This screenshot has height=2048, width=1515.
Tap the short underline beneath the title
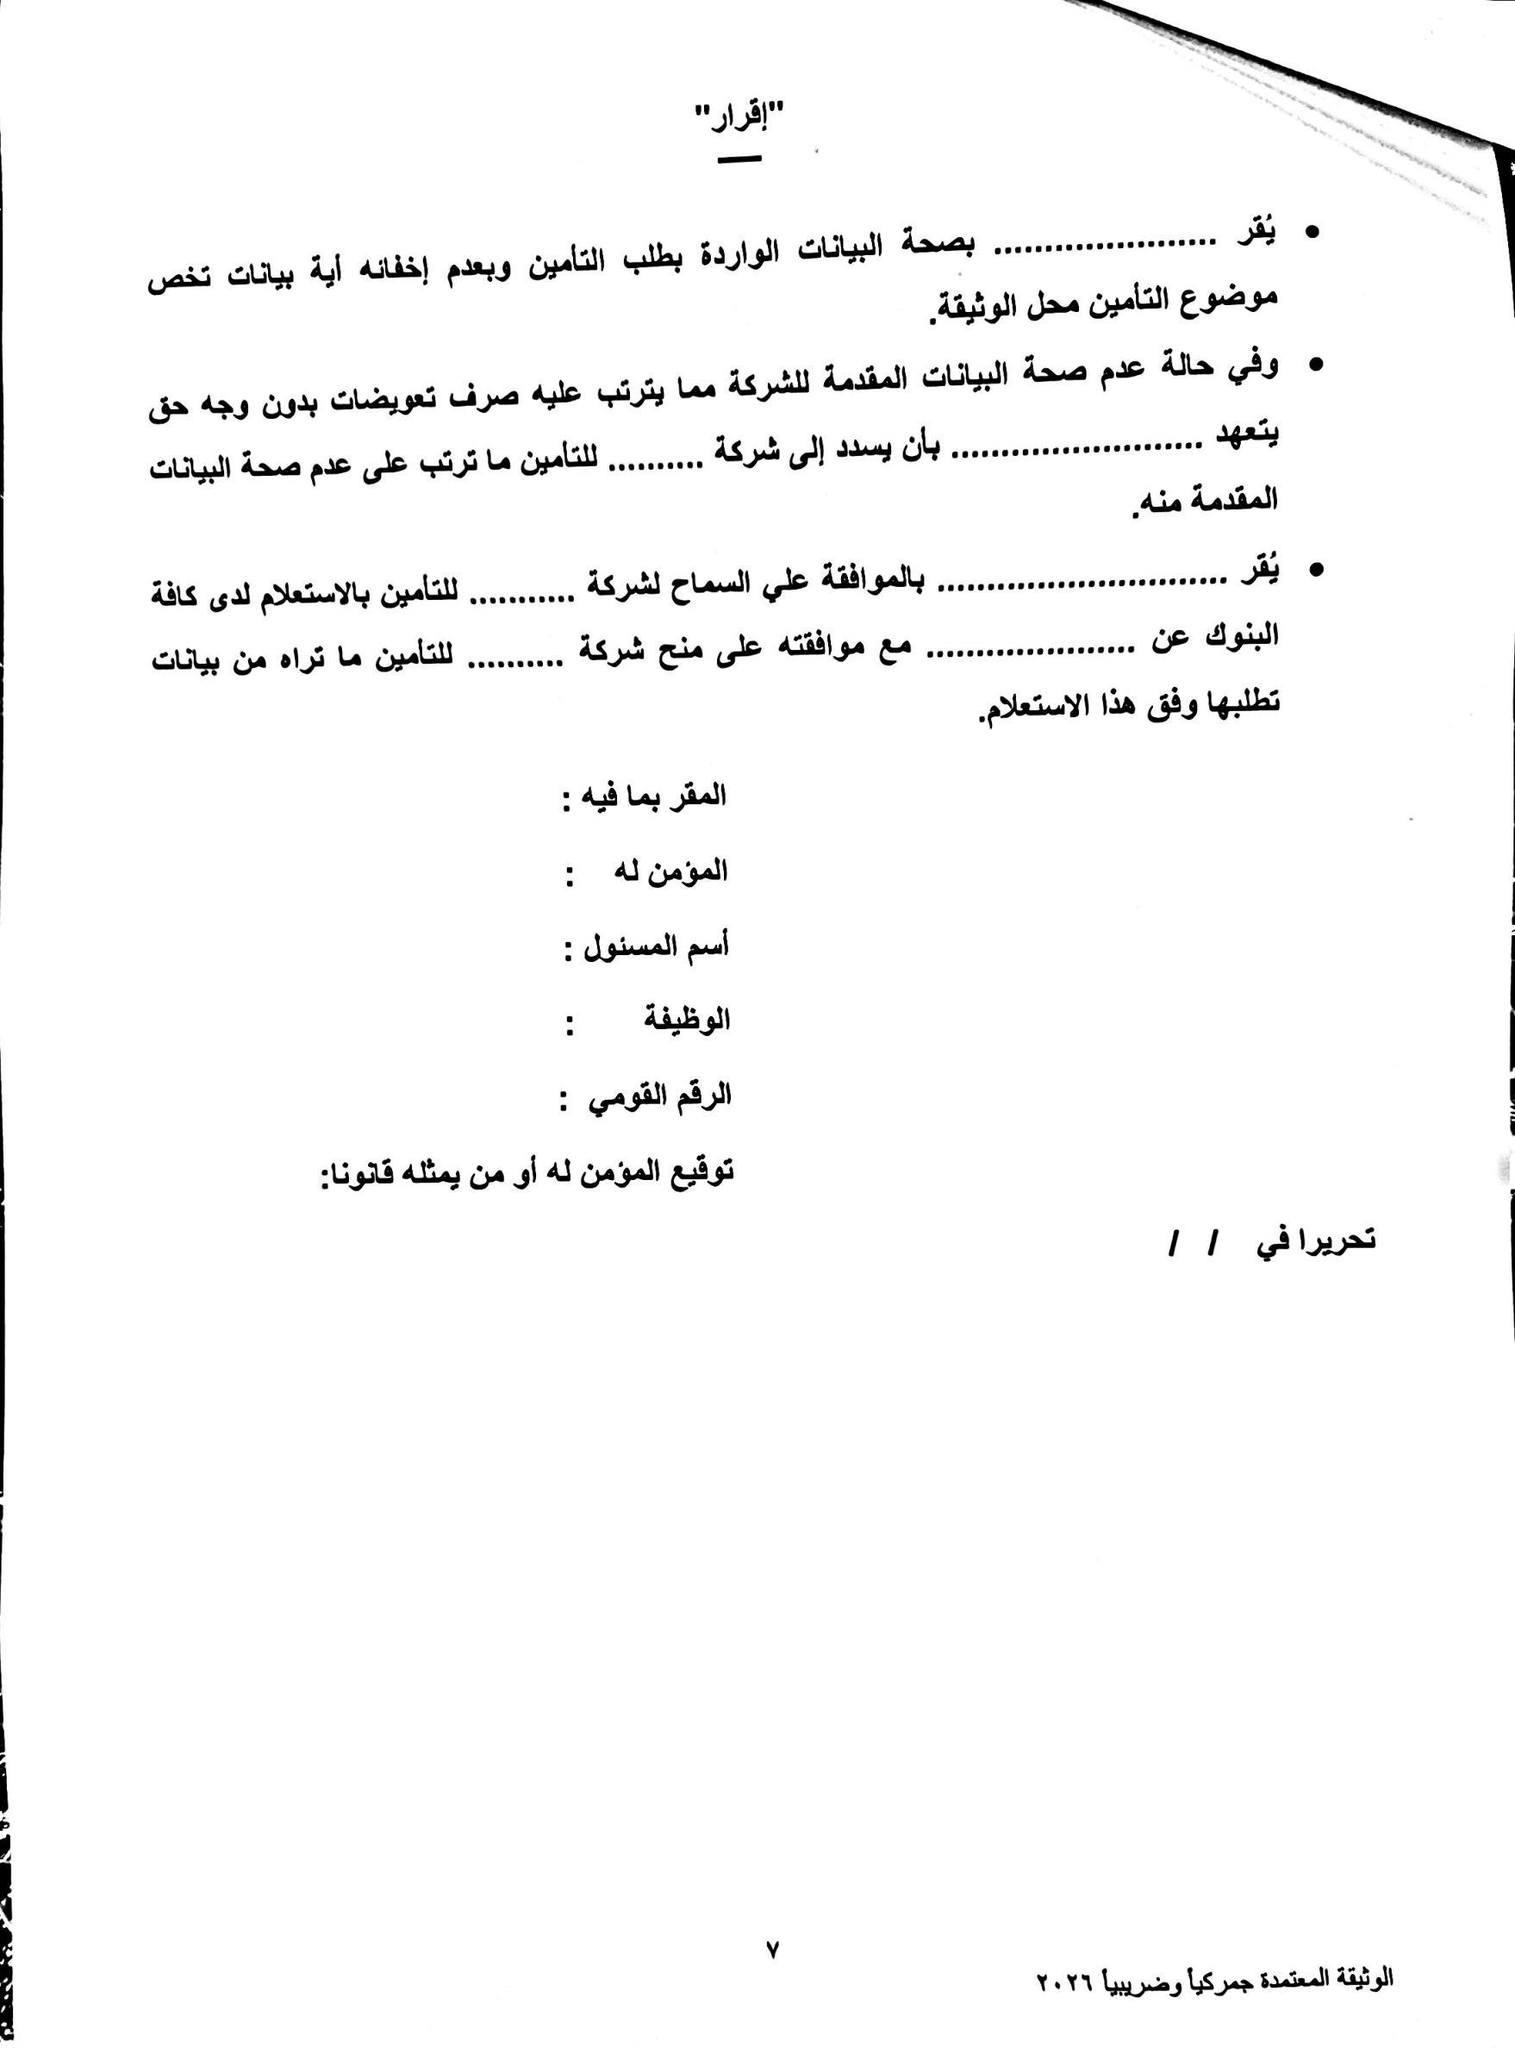click(739, 159)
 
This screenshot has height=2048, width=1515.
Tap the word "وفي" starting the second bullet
click(1255, 368)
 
